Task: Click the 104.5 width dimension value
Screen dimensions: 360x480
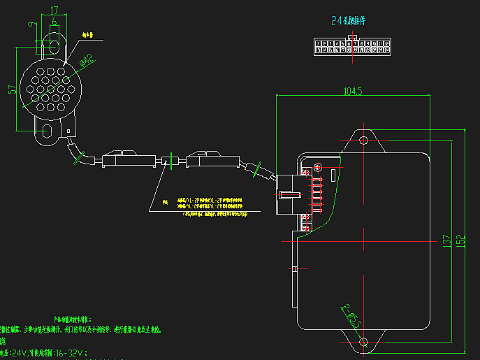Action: pyautogui.click(x=352, y=91)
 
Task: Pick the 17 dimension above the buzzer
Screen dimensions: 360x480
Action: pyautogui.click(x=54, y=10)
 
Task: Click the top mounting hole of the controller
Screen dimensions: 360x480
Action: pyautogui.click(x=363, y=141)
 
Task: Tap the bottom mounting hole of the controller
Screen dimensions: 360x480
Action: pyautogui.click(x=363, y=341)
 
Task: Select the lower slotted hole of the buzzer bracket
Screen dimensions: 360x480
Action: pyautogui.click(x=48, y=131)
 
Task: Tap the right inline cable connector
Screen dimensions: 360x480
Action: pyautogui.click(x=210, y=159)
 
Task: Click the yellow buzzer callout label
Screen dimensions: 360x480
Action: pyautogui.click(x=88, y=34)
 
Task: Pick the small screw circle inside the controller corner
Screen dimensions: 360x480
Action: pyautogui.click(x=318, y=168)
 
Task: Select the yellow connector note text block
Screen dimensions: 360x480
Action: pyautogui.click(x=210, y=206)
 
